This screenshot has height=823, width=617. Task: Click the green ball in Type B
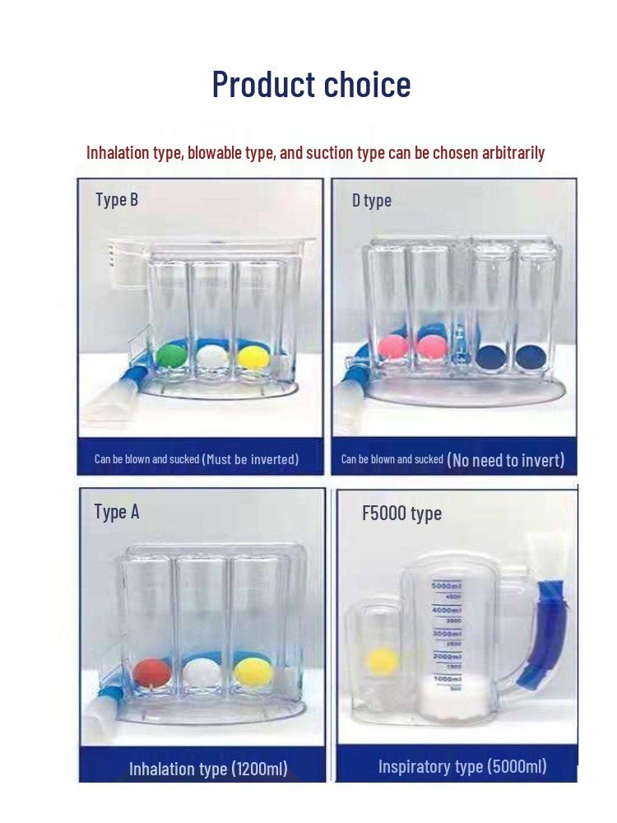pyautogui.click(x=172, y=356)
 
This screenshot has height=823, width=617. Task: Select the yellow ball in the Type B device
pyautogui.click(x=253, y=356)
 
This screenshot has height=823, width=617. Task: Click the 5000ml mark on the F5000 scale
pyautogui.click(x=446, y=586)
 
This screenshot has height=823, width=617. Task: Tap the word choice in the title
pyautogui.click(x=367, y=84)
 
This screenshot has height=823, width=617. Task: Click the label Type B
pyautogui.click(x=117, y=199)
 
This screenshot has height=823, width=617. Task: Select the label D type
pyautogui.click(x=372, y=201)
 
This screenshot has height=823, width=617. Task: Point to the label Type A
pyautogui.click(x=117, y=512)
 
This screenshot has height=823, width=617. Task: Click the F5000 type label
pyautogui.click(x=402, y=514)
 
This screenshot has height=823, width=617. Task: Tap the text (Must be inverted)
pyautogui.click(x=250, y=459)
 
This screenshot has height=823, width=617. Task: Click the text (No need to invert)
pyautogui.click(x=506, y=460)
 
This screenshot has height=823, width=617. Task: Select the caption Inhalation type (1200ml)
pyautogui.click(x=208, y=769)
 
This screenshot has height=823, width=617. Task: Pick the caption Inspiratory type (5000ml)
pyautogui.click(x=462, y=766)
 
